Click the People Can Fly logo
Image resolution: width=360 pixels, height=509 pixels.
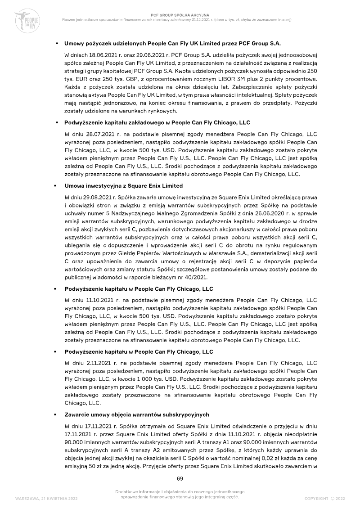[27, 20]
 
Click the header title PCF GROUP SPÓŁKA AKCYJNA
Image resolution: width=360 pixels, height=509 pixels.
[180, 15]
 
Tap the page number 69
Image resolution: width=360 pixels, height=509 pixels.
[180, 477]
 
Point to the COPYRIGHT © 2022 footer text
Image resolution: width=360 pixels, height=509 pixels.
[324, 498]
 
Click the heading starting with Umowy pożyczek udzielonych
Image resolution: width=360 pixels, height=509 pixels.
[172, 44]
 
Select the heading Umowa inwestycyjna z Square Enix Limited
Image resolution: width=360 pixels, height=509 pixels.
[123, 185]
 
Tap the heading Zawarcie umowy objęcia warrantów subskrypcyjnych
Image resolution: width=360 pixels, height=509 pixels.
[137, 414]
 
